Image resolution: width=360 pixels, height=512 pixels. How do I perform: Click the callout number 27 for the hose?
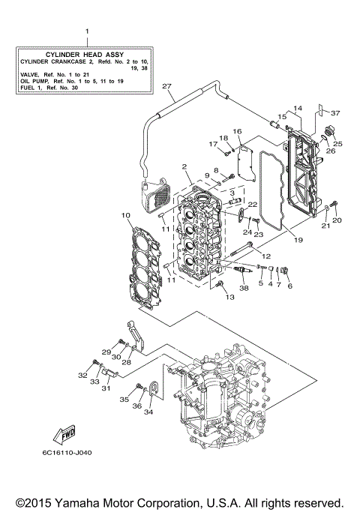pos(167,87)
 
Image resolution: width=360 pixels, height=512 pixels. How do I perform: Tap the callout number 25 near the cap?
pos(337,143)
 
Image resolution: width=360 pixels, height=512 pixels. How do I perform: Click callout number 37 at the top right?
pos(335,113)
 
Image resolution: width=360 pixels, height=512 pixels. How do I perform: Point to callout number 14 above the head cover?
pos(297,109)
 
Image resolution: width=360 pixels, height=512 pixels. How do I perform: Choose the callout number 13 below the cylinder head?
pos(230,297)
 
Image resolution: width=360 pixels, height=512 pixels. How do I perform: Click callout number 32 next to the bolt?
pos(82,375)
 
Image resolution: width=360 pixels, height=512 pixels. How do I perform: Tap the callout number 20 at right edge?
pos(337,220)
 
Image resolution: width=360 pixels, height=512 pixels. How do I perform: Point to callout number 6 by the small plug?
pos(289,285)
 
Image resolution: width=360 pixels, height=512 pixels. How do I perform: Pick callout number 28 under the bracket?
pos(126,362)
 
